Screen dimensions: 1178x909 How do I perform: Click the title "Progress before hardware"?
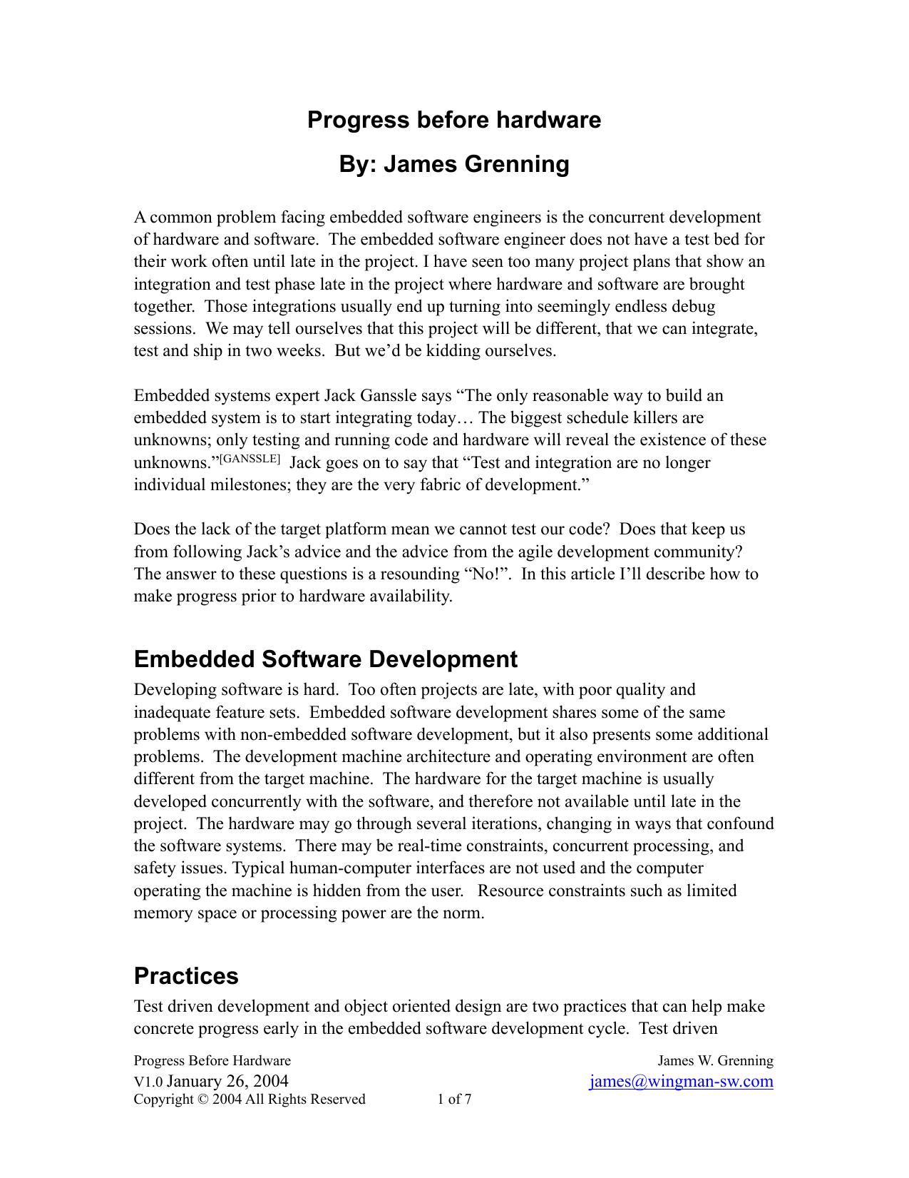point(454,120)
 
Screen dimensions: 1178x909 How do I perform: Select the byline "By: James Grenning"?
point(454,164)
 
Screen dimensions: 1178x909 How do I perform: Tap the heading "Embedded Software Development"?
point(325,659)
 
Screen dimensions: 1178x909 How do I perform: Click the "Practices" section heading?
point(186,975)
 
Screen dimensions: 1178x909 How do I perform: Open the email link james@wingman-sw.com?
point(682,1081)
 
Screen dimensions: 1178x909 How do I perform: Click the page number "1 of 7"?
point(454,1100)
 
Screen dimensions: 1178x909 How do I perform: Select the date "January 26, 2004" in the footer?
point(227,1081)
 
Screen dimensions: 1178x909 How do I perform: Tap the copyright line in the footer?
point(250,1100)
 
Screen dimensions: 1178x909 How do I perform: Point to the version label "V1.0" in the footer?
point(148,1082)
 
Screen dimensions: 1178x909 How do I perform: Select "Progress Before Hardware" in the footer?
point(212,1061)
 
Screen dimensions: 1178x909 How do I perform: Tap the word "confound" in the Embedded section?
point(741,824)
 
